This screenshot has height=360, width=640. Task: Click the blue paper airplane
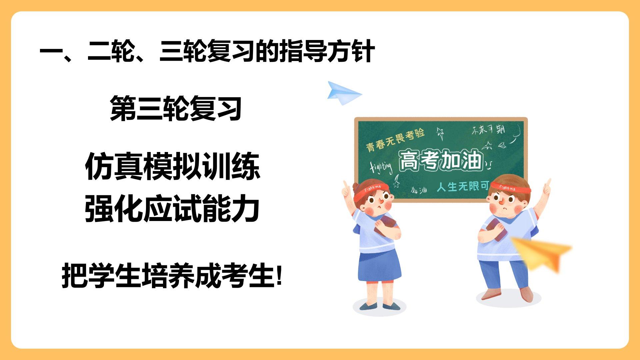tap(343, 92)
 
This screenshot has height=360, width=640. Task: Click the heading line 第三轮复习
tap(176, 108)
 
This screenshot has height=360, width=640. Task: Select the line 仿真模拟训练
tap(172, 166)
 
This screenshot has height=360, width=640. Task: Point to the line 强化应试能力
tap(172, 209)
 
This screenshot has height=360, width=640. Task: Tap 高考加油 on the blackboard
tap(441, 160)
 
